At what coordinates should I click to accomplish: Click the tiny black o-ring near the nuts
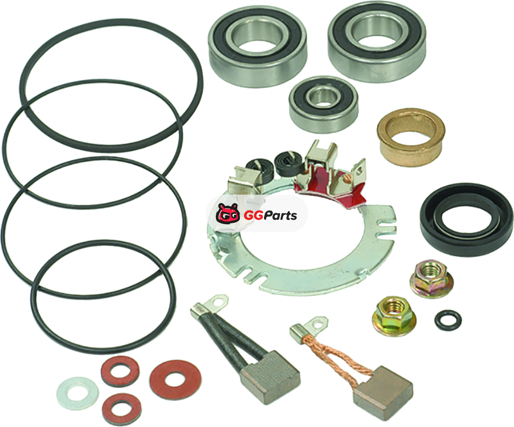pyautogui.click(x=448, y=320)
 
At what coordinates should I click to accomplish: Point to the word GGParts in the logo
pyautogui.click(x=270, y=215)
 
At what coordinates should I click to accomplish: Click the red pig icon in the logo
pyautogui.click(x=228, y=214)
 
